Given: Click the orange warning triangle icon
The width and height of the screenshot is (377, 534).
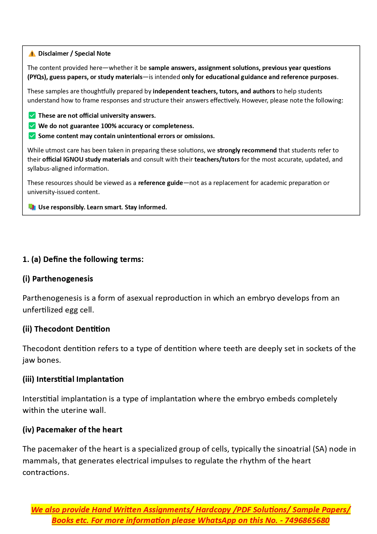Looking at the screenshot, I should click(x=32, y=54).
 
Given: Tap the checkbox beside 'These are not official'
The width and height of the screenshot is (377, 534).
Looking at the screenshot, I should click(x=32, y=116).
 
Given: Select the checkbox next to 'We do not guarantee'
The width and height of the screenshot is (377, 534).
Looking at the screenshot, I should click(x=32, y=126).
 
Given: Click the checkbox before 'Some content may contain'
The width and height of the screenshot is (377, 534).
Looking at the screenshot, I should click(x=32, y=136).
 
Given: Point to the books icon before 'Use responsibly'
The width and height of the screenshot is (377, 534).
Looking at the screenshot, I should click(x=32, y=207).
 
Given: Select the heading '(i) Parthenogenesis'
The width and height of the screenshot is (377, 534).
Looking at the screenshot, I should click(x=58, y=279).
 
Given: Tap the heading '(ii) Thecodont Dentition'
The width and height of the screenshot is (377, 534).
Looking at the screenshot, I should click(x=66, y=329).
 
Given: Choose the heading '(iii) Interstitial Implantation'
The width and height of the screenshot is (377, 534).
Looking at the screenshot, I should click(x=73, y=379).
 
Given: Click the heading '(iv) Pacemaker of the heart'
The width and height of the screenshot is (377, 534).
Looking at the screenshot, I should click(x=72, y=430).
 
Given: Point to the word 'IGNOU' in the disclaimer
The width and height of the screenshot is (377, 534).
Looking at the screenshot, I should click(x=73, y=159).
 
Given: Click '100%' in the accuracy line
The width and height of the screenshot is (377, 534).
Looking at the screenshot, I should click(x=108, y=126).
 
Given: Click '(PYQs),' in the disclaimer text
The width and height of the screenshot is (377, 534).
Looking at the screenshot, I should click(x=38, y=77).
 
